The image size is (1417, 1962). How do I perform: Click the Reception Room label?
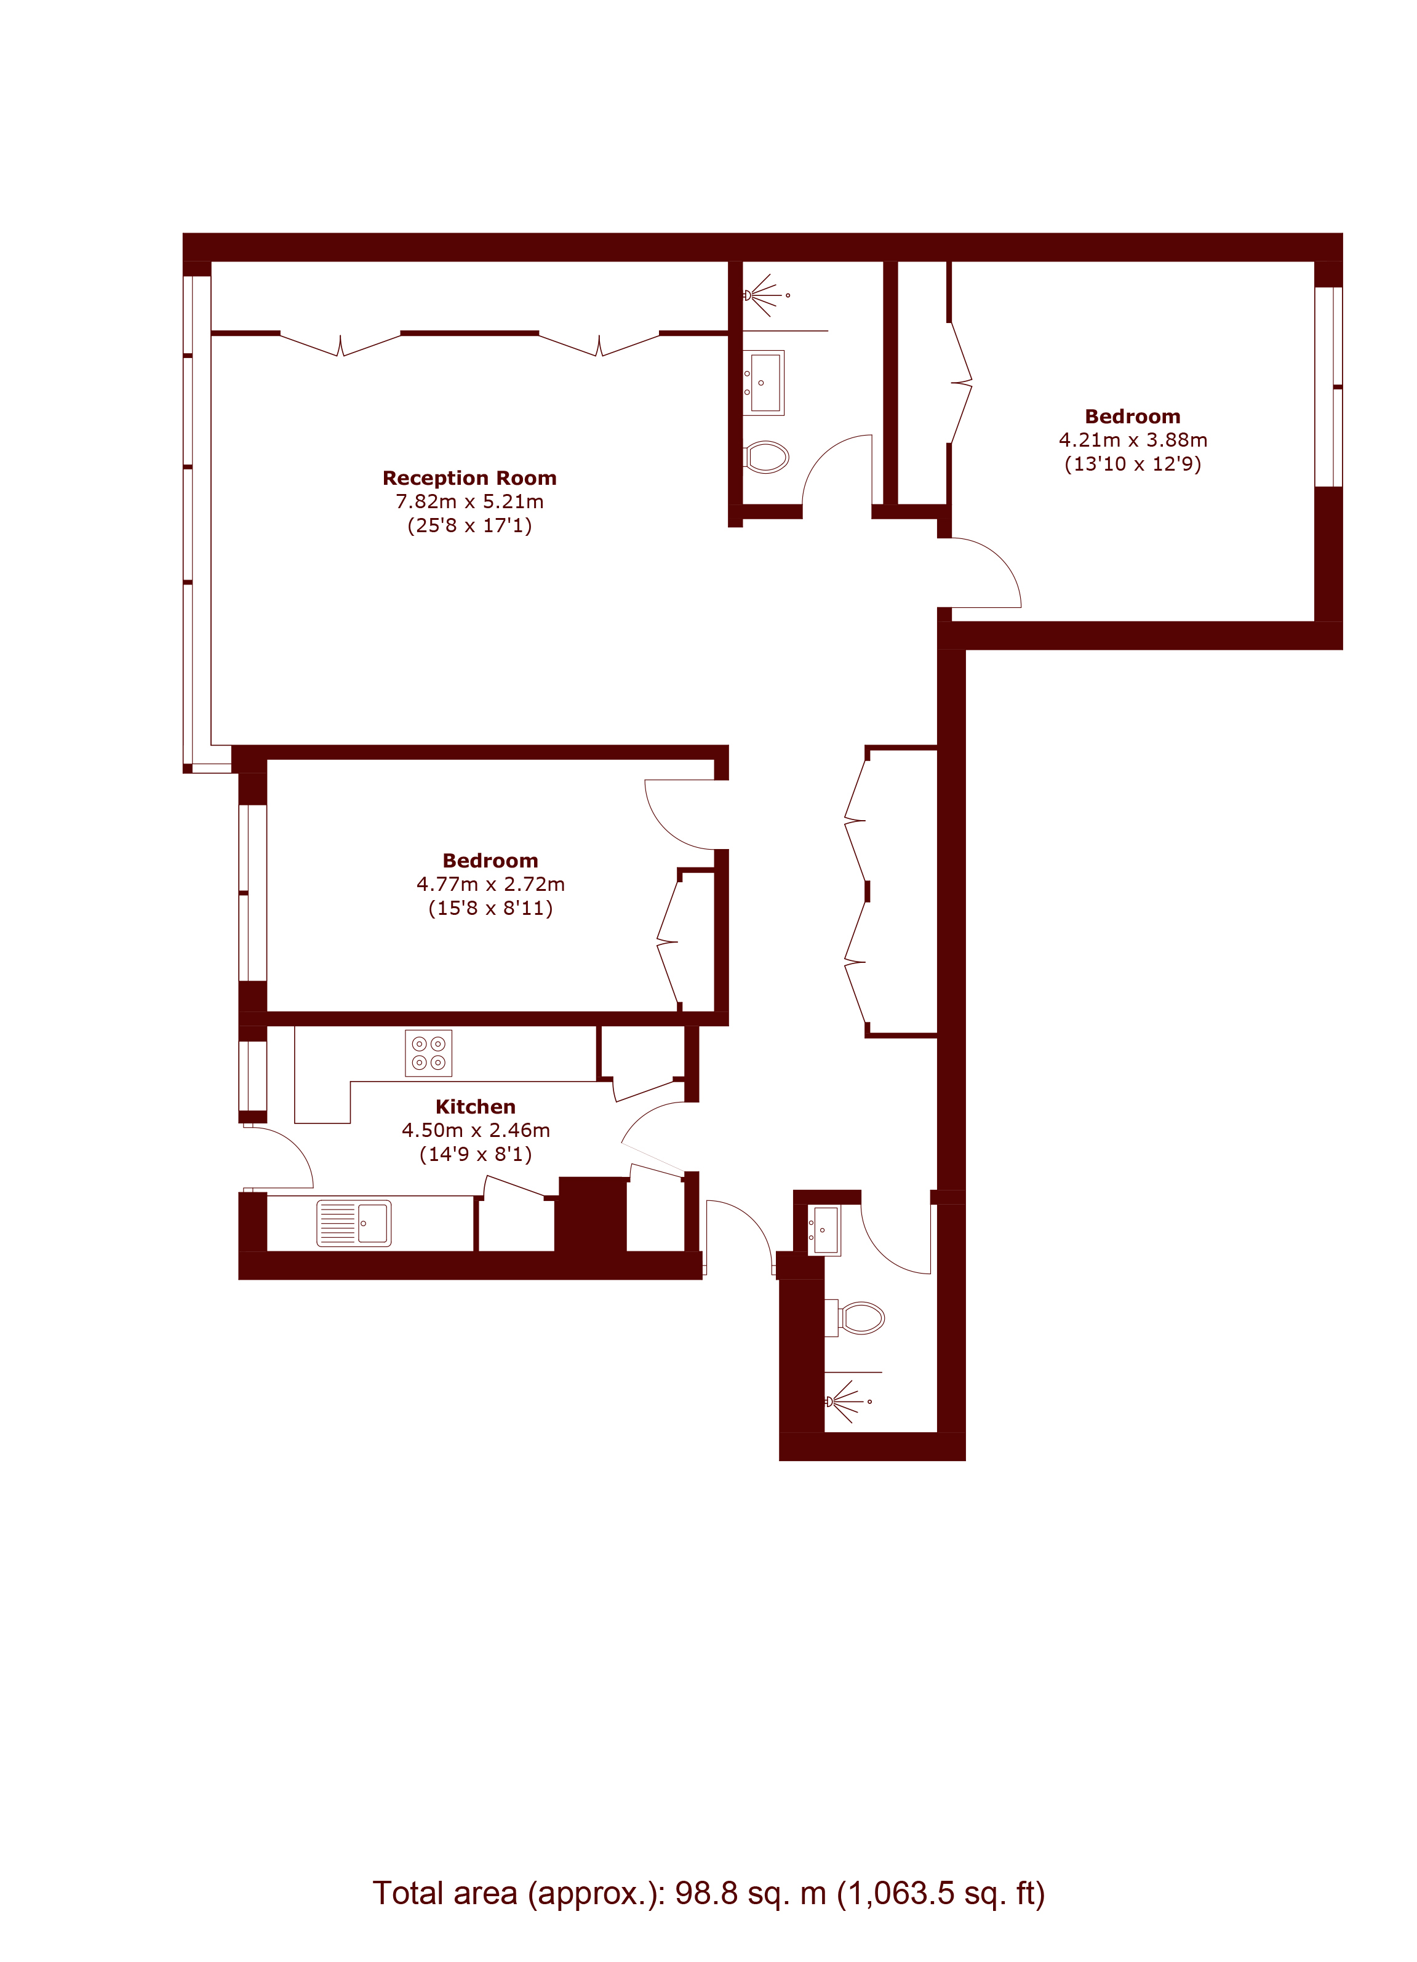pos(469,479)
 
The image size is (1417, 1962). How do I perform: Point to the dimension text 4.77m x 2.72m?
pos(490,884)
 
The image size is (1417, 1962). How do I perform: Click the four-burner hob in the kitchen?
pos(428,1053)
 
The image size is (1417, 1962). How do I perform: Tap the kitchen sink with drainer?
pos(354,1223)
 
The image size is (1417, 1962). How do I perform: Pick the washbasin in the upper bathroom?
pos(764,382)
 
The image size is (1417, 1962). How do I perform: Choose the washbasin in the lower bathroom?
pos(823,1230)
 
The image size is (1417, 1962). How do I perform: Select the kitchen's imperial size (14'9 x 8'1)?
pos(476,1154)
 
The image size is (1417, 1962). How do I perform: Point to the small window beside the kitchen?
pos(253,1075)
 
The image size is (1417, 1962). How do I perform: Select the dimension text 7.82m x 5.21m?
pos(469,502)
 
